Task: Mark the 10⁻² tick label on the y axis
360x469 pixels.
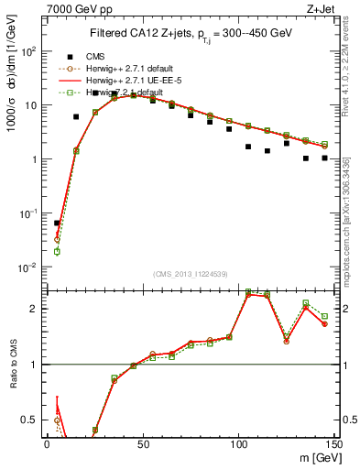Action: pyautogui.click(x=28, y=267)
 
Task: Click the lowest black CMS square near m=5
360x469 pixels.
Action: pyautogui.click(x=57, y=223)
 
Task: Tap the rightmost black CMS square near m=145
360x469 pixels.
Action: pyautogui.click(x=325, y=158)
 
